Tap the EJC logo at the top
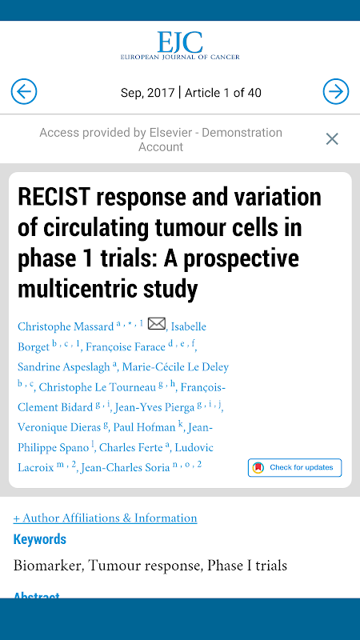click(180, 46)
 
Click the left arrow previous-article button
click(24, 91)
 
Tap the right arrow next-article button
click(336, 91)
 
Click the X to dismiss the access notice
click(332, 139)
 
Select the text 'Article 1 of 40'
click(223, 93)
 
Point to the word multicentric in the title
click(76, 289)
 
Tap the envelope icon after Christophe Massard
click(156, 324)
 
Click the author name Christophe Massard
click(66, 327)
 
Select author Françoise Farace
click(126, 347)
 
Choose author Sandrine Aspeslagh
click(64, 367)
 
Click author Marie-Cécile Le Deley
click(175, 367)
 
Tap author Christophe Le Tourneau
click(97, 387)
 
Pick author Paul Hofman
click(144, 427)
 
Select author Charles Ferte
click(131, 447)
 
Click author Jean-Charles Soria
click(126, 468)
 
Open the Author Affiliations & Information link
click(106, 518)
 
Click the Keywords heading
click(39, 539)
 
